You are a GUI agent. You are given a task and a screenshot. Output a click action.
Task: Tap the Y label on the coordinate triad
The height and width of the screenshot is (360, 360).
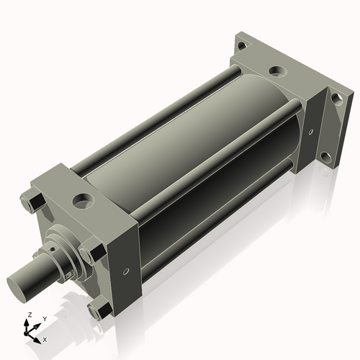(x=44, y=318)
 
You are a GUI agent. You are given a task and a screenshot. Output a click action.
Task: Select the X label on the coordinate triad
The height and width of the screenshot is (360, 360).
(x=45, y=338)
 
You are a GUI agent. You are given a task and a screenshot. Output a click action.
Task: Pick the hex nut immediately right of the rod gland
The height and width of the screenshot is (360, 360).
(x=91, y=253)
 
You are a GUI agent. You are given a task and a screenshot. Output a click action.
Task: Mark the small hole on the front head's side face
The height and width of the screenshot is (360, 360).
(x=127, y=272)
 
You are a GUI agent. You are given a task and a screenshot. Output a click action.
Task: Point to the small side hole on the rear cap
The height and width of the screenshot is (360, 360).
(x=311, y=132)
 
